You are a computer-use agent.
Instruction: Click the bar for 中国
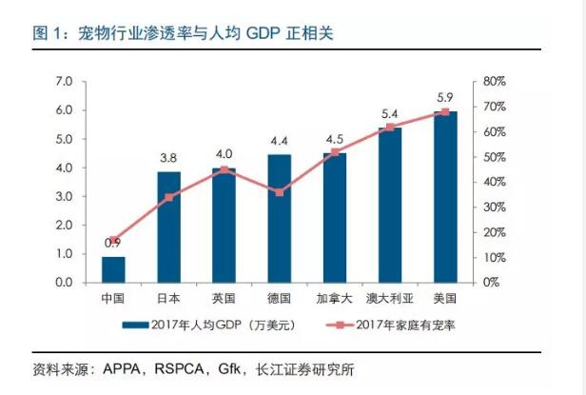[113, 269]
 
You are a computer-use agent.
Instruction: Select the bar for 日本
[168, 227]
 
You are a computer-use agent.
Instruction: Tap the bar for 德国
[279, 219]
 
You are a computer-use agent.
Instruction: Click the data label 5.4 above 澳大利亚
[389, 113]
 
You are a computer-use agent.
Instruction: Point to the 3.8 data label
[168, 159]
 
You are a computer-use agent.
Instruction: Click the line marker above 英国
[224, 169]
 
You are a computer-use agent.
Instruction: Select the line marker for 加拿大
[335, 151]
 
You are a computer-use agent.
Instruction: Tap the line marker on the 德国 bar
[279, 192]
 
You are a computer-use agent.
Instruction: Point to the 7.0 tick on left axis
[64, 82]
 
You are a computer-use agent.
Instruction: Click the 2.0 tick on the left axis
[64, 226]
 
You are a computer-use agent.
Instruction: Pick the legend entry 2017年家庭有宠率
[400, 325]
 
